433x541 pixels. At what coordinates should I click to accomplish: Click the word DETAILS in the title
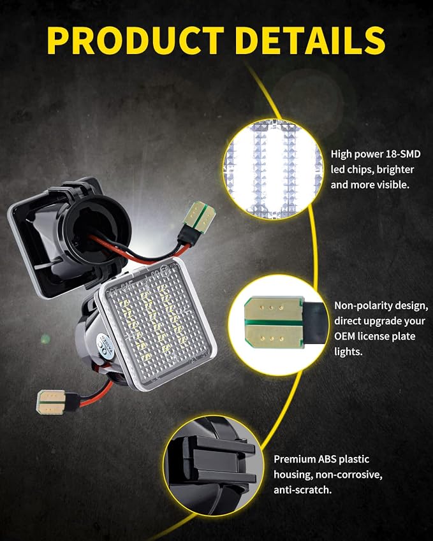click(x=311, y=40)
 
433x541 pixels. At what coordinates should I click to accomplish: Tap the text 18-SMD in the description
click(x=403, y=154)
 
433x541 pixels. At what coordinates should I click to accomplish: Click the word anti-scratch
click(x=302, y=489)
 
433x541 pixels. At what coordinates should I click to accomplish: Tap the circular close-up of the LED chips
click(x=274, y=170)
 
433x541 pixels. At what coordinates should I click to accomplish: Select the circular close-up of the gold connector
click(x=278, y=324)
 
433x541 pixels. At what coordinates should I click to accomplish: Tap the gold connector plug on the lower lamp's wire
click(x=51, y=402)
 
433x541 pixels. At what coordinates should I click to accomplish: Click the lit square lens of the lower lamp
click(x=158, y=324)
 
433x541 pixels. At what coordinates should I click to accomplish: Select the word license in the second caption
click(x=375, y=336)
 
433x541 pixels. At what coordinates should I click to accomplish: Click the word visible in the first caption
click(x=393, y=185)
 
